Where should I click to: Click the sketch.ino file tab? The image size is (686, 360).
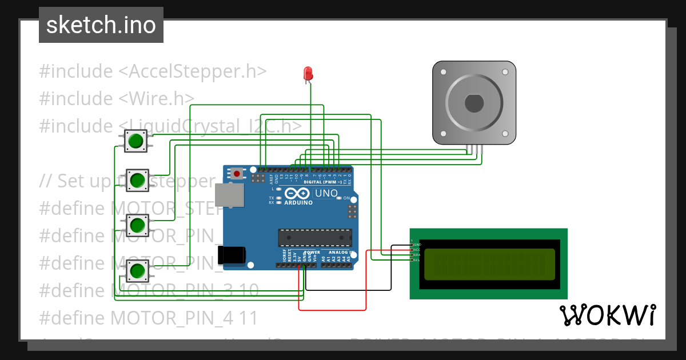(x=101, y=25)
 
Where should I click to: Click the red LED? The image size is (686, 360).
(x=308, y=73)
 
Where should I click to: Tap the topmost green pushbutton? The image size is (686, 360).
(x=136, y=141)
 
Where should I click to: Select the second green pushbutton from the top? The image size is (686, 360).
(x=137, y=181)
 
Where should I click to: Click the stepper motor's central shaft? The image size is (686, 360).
(x=474, y=103)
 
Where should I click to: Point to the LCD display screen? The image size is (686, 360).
(x=489, y=264)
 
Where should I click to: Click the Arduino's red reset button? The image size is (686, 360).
(x=237, y=173)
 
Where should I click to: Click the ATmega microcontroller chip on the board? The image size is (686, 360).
(x=314, y=237)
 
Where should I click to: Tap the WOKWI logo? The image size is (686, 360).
(x=607, y=315)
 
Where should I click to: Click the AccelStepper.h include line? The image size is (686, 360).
(x=153, y=71)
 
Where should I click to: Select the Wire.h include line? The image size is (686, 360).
(x=117, y=98)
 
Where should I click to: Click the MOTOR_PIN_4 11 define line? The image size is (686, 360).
(x=149, y=317)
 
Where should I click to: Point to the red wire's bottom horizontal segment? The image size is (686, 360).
(x=332, y=310)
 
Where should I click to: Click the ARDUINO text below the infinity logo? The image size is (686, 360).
(x=298, y=203)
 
